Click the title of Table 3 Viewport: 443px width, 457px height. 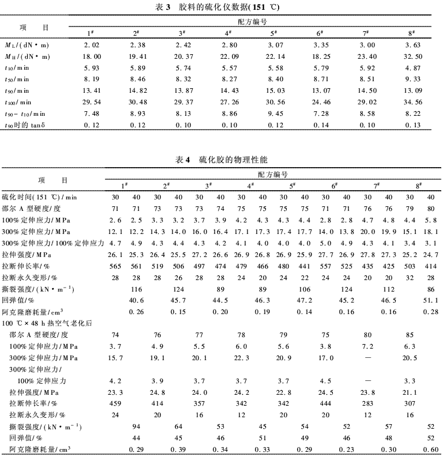(221, 7)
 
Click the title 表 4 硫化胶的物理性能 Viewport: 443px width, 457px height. (221, 158)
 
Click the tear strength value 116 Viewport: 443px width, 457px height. (137, 288)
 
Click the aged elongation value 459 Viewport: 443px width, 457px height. (115, 403)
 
